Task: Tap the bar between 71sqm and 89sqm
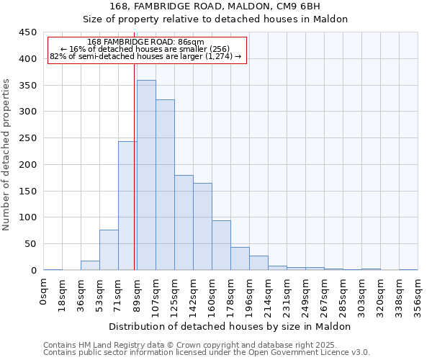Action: click(x=127, y=206)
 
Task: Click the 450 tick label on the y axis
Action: click(x=28, y=32)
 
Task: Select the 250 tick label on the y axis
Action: click(x=28, y=138)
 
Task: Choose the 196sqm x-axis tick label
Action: click(x=249, y=295)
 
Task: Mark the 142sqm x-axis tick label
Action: click(x=193, y=295)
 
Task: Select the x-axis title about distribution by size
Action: click(x=230, y=326)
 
